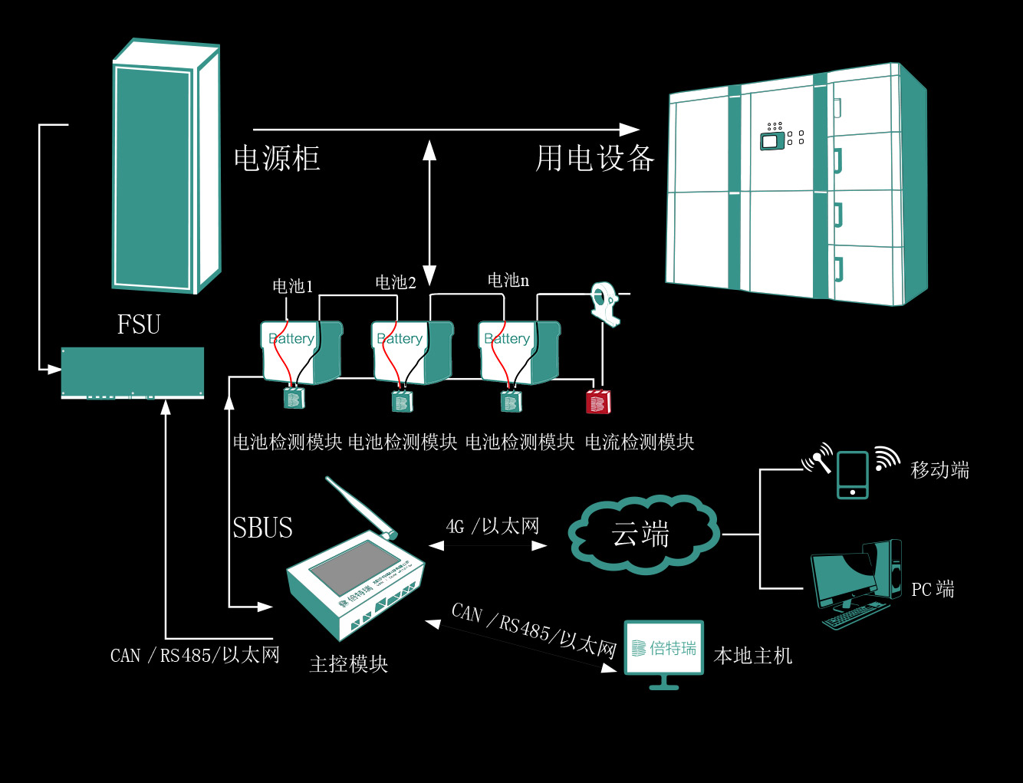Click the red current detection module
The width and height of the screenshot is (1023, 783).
pos(598,402)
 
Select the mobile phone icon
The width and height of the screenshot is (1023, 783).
pos(852,475)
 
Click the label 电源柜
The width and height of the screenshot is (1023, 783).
pos(277,159)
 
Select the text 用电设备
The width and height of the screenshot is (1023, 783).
pos(594,159)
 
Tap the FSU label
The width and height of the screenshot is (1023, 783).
pos(139,324)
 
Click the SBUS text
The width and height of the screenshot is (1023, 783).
pos(263,528)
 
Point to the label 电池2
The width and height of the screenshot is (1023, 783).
pos(396,283)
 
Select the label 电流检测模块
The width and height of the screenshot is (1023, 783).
pos(640,442)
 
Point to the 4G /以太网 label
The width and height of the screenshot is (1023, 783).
pos(492,526)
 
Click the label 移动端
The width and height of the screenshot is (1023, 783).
pos(940,470)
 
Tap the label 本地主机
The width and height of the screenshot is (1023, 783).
pos(752,656)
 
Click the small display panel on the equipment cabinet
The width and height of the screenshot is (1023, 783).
pos(773,140)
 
